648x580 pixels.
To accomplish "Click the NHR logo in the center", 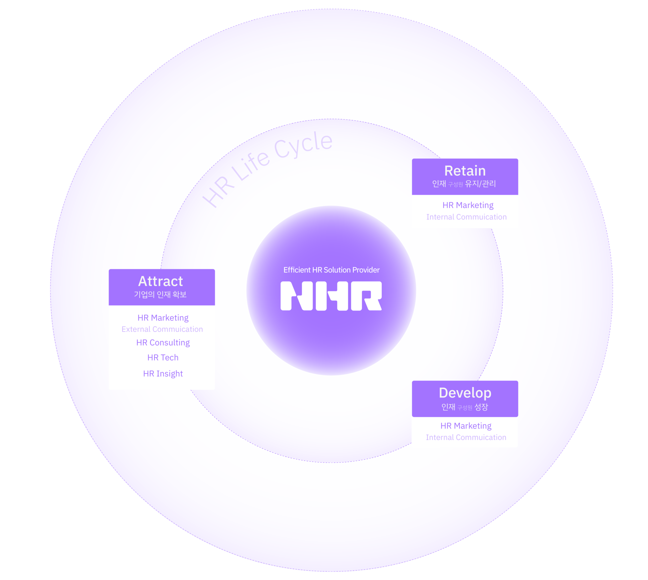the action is tap(331, 296).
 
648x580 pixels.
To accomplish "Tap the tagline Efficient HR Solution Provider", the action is tap(331, 270).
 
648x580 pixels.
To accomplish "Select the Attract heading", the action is tap(161, 281).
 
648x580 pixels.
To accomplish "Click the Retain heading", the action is tap(465, 171).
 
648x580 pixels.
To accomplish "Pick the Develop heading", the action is tap(465, 393).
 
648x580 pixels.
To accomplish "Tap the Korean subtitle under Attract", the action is tap(160, 294).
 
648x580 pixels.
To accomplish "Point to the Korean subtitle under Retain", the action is tap(464, 184).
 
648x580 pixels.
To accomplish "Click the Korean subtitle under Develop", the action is tap(464, 407).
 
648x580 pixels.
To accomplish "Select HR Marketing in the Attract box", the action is tap(163, 318).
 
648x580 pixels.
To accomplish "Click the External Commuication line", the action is tap(162, 329).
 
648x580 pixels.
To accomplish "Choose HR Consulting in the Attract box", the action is tap(163, 343).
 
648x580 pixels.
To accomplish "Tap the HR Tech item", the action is tap(163, 358).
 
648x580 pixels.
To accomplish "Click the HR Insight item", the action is tap(163, 374).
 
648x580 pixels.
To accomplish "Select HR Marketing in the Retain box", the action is tap(468, 205).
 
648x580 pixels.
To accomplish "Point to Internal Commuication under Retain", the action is tap(466, 217).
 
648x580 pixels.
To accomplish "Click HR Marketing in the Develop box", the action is tap(466, 426).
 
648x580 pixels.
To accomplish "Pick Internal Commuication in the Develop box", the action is tap(466, 438).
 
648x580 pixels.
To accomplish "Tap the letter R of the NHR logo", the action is tap(366, 296).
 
